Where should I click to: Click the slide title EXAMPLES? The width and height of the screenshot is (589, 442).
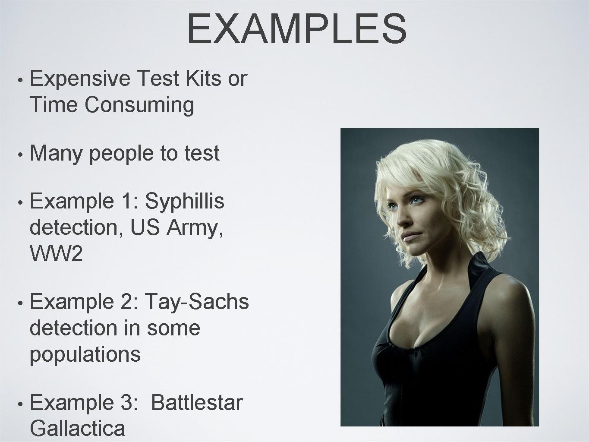[297, 28]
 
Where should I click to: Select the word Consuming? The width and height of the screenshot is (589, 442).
[139, 105]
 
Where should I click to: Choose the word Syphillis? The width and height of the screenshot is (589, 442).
[185, 202]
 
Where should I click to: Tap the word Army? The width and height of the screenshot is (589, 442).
[195, 228]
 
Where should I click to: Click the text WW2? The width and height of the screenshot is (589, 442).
[56, 253]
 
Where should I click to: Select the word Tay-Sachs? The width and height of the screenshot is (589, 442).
[197, 302]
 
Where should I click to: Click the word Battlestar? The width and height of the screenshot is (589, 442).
[197, 403]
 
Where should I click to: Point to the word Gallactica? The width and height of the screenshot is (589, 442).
[78, 429]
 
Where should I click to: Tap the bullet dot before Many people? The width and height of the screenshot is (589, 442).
[20, 155]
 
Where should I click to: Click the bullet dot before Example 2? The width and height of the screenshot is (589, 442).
[20, 303]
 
